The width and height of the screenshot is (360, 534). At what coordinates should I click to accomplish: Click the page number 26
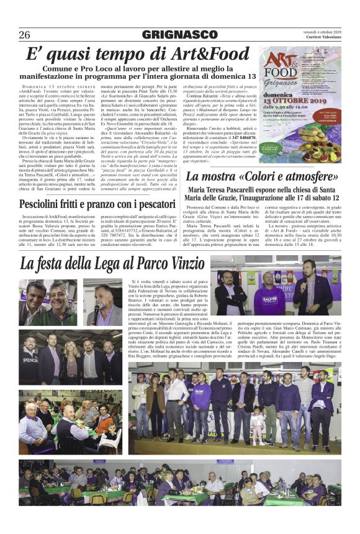point(24,34)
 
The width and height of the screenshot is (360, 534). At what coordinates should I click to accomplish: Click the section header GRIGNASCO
point(179,34)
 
